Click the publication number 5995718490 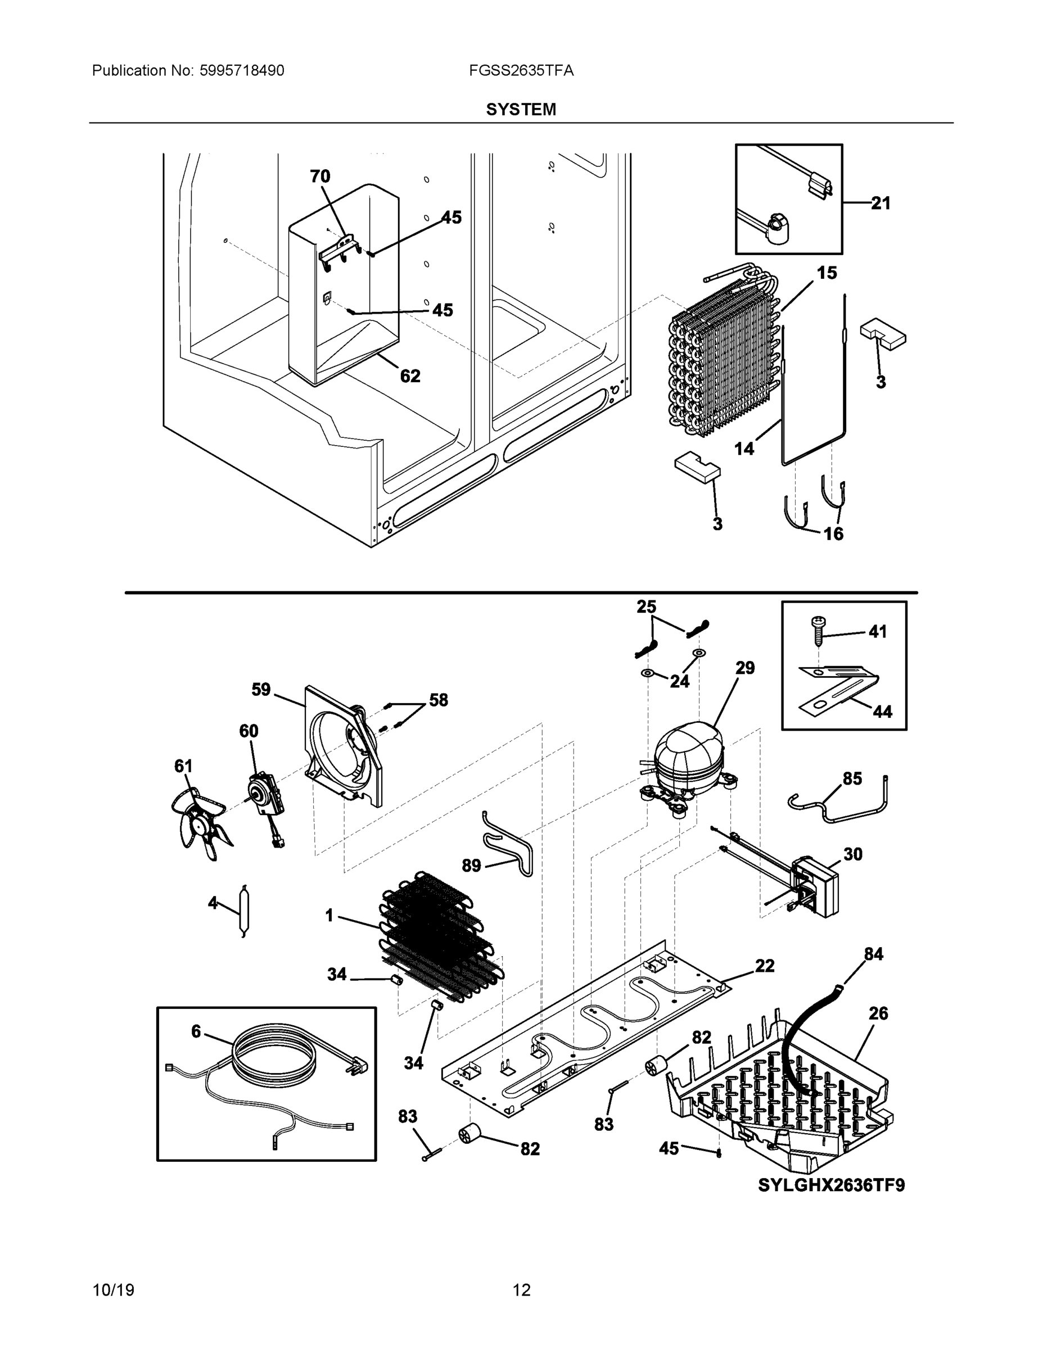point(242,71)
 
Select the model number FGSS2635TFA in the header point(521,71)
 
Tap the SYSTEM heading point(521,110)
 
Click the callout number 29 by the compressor point(744,668)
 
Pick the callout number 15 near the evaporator point(827,273)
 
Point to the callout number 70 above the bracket point(319,176)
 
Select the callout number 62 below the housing point(410,375)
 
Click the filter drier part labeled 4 point(243,911)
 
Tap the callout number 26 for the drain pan point(878,1013)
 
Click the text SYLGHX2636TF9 point(831,1185)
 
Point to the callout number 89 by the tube point(471,866)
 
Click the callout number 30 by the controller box point(853,854)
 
